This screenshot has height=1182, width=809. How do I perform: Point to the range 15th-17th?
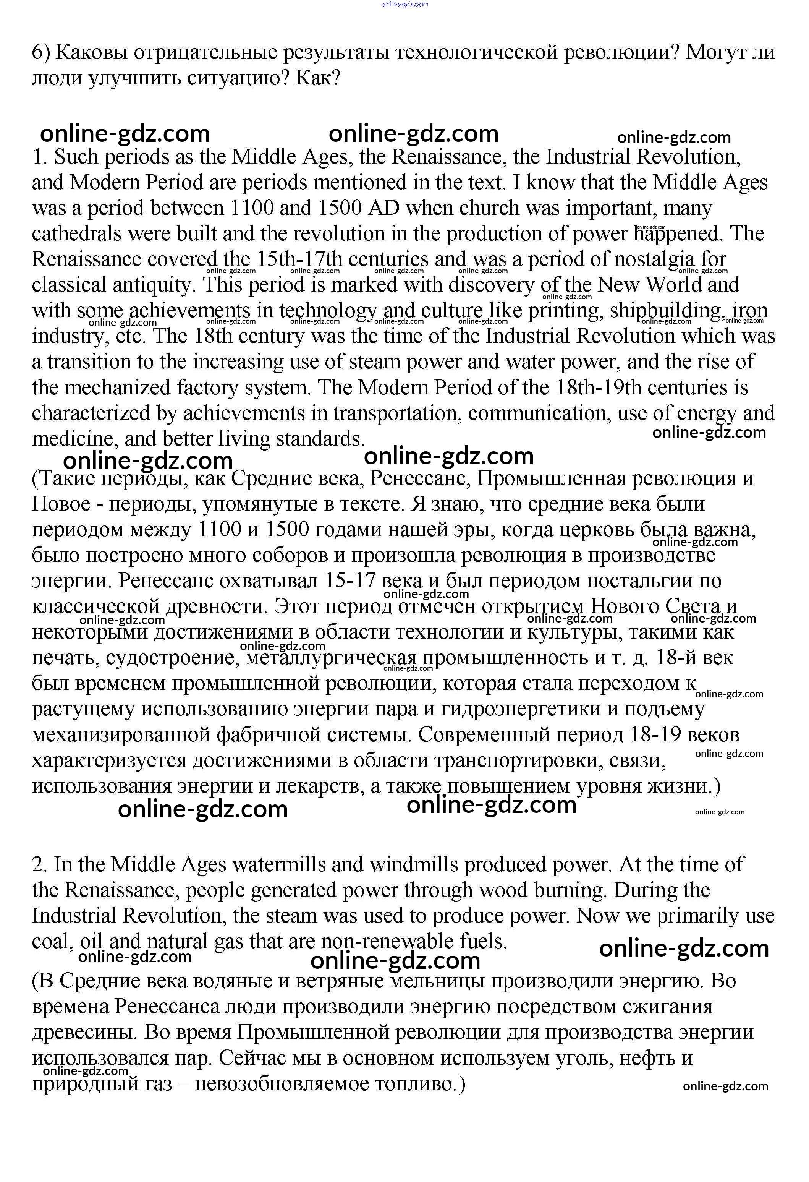[299, 259]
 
